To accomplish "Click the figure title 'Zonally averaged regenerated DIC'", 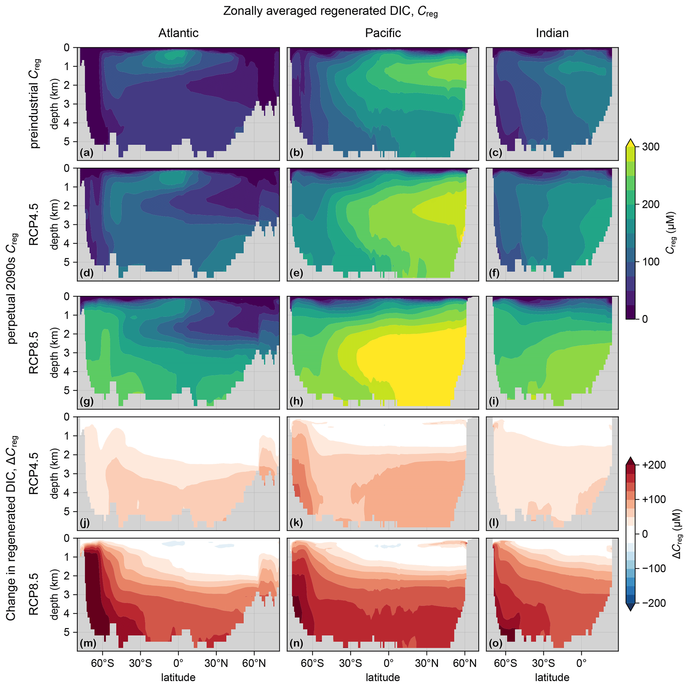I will click(x=330, y=11).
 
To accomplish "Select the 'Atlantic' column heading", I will click(x=178, y=33).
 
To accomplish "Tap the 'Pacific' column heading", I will click(x=383, y=33).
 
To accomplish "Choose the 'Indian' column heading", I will click(x=552, y=33).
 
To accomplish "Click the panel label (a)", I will click(x=86, y=153).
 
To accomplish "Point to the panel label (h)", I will click(x=296, y=402).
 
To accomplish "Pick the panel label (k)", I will click(x=296, y=523).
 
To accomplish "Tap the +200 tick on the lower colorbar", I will click(x=654, y=465).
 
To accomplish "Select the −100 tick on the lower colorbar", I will click(x=654, y=569).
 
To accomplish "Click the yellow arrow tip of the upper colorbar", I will click(x=630, y=142).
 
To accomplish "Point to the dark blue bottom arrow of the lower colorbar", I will click(x=630, y=607).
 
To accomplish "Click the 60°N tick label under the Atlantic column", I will click(x=254, y=663).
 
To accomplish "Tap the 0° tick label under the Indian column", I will click(x=581, y=663).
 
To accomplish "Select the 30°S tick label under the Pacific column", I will click(x=350, y=663).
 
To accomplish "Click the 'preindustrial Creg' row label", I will click(x=35, y=103).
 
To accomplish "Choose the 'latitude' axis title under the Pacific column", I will click(x=383, y=677).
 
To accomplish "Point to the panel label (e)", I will click(x=296, y=273).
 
